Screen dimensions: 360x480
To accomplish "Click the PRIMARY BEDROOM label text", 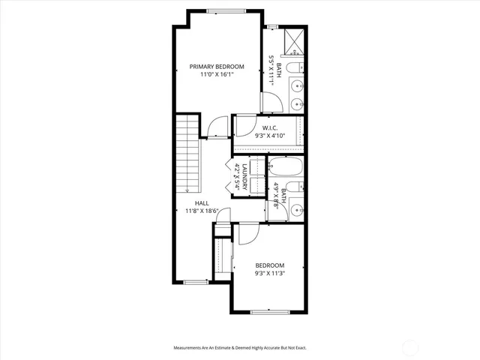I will tap(217, 67).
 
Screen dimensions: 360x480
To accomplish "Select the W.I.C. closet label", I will tap(268, 127).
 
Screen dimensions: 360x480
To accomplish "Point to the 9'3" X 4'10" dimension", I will tap(268, 136).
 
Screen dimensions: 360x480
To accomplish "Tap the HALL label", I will tap(202, 203).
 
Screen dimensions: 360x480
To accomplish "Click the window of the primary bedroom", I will tap(218, 10).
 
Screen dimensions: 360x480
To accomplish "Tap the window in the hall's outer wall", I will tap(195, 282).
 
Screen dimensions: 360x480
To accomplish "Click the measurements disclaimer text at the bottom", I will tap(240, 348).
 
